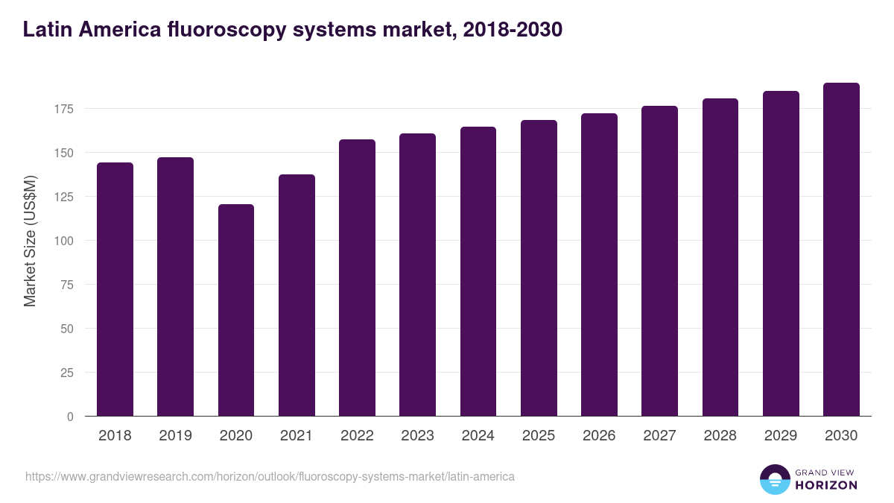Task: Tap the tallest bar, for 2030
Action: coord(841,250)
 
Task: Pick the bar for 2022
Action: coord(357,278)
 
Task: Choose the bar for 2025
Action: coord(539,268)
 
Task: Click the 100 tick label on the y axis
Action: coord(64,241)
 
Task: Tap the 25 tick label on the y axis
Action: coord(67,373)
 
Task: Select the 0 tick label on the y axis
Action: coord(70,417)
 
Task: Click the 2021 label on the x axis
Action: coord(297,436)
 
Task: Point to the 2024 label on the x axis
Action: coord(478,436)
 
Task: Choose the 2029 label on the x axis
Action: coord(781,436)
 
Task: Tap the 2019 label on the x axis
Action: coord(175,436)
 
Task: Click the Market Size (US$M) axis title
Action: coord(30,241)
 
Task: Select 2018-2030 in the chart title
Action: coord(513,30)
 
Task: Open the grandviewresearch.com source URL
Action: coord(270,476)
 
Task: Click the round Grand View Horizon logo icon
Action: coord(774,479)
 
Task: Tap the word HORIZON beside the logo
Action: coord(826,485)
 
